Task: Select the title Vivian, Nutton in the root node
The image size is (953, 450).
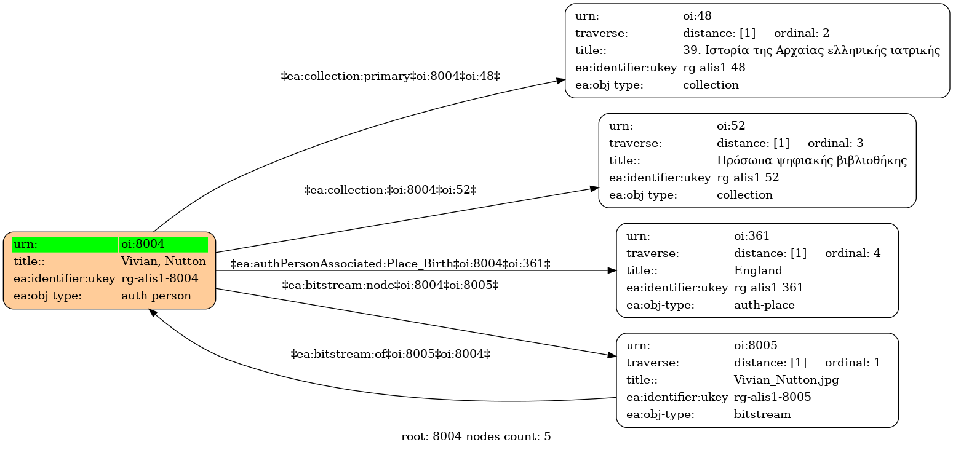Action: point(164,261)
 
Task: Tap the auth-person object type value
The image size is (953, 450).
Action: point(156,296)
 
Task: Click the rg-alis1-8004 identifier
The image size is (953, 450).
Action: point(159,278)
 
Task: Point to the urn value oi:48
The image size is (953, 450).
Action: point(697,16)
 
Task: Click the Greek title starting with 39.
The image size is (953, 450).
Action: point(811,50)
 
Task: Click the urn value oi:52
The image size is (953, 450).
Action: point(731,126)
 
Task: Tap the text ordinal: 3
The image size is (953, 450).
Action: point(835,143)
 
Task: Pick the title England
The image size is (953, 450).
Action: point(758,270)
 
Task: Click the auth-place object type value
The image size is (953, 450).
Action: point(764,305)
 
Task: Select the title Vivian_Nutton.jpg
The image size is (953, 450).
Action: point(786,380)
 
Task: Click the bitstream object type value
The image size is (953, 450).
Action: point(762,414)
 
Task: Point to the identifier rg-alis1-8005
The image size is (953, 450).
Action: point(773,397)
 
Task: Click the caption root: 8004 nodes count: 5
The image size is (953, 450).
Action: point(476,436)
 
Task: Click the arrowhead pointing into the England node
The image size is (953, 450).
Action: point(612,270)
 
